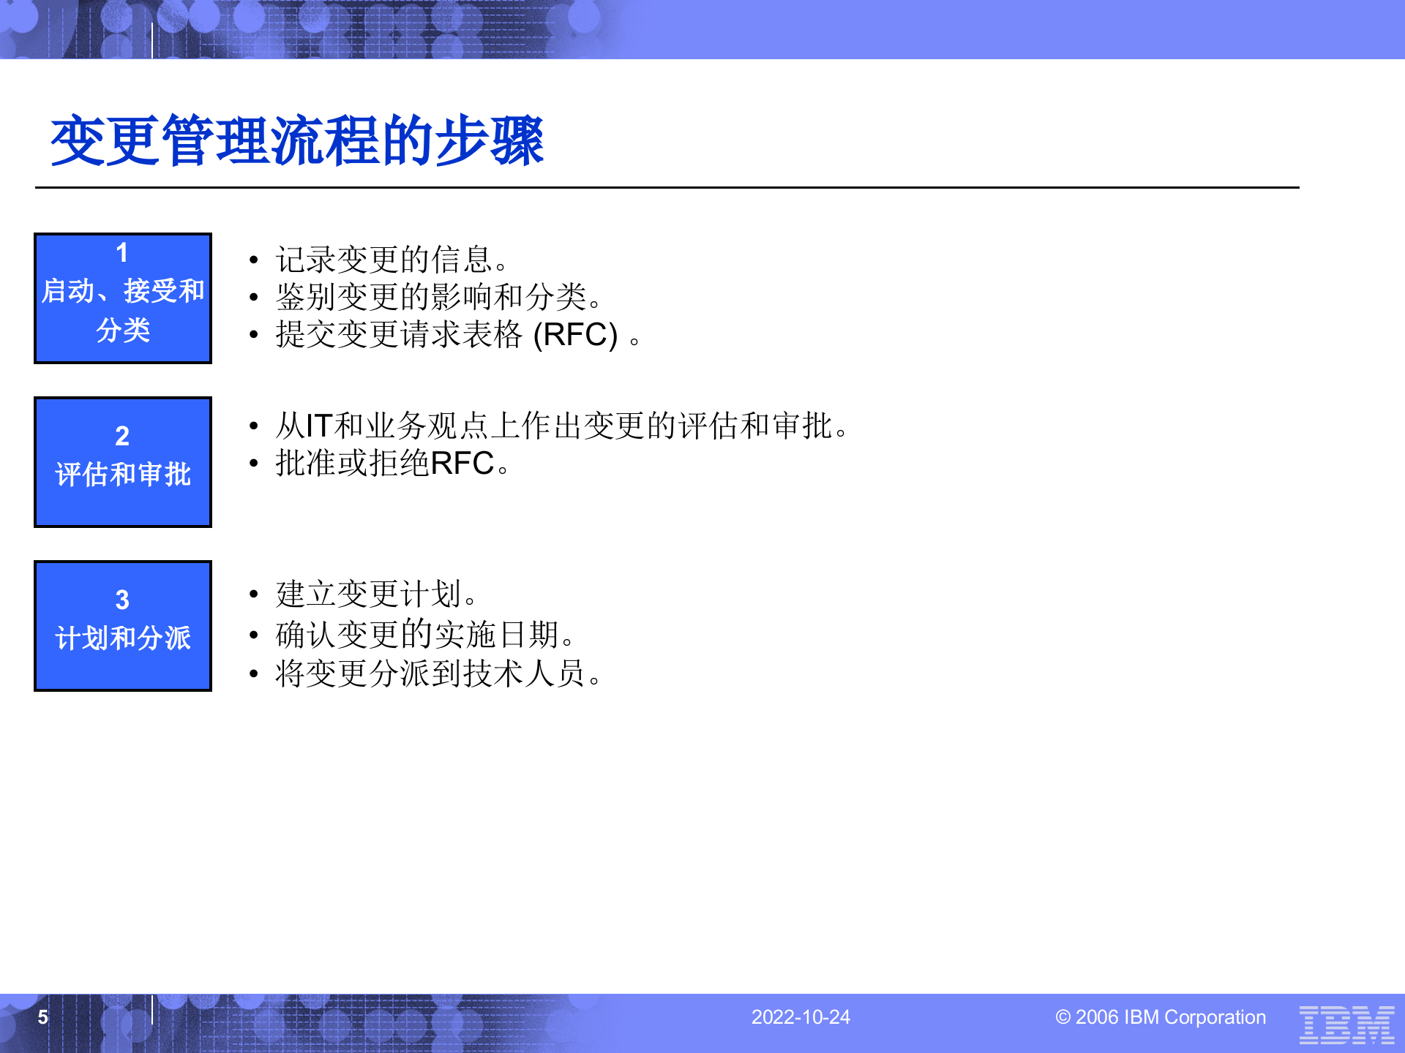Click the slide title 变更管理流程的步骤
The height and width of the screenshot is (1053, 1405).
(296, 140)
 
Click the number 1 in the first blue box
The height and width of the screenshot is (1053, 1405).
(122, 253)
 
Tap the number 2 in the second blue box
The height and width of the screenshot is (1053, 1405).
(122, 437)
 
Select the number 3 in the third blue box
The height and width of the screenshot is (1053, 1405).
(122, 600)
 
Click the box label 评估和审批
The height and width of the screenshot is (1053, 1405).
(123, 475)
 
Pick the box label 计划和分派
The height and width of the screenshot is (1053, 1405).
(123, 638)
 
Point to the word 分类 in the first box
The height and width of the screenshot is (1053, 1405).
(123, 331)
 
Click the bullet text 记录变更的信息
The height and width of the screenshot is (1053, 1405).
(391, 260)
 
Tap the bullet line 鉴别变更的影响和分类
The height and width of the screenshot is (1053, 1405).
(438, 297)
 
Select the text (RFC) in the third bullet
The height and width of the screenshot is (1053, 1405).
(575, 335)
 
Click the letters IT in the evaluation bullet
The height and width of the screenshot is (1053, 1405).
(318, 426)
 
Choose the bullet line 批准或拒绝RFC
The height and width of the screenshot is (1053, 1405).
(392, 464)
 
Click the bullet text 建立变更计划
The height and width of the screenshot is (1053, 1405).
(376, 594)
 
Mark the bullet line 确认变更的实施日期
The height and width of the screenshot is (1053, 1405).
(424, 634)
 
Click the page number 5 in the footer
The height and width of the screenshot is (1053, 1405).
(43, 1017)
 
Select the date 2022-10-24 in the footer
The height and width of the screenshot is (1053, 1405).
(801, 1017)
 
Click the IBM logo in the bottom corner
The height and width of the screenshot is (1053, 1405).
(1346, 1024)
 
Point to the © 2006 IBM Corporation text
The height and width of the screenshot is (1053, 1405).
(1161, 1017)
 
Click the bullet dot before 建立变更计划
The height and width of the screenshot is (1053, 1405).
(253, 594)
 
